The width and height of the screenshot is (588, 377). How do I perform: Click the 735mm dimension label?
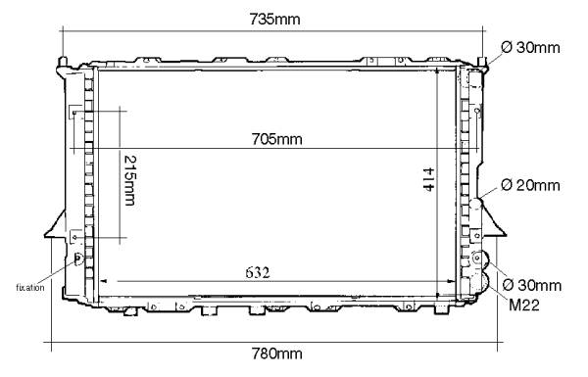pyautogui.click(x=274, y=20)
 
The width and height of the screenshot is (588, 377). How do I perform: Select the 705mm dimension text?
pyautogui.click(x=276, y=139)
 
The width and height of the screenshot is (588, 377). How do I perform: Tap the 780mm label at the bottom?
pyautogui.click(x=276, y=353)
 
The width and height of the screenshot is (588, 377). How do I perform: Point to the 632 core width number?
pyautogui.click(x=258, y=272)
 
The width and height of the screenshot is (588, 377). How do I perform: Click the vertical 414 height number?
pyautogui.click(x=428, y=179)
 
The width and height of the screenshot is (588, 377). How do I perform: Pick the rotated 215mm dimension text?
pyautogui.click(x=129, y=180)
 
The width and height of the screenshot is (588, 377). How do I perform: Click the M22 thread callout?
pyautogui.click(x=524, y=306)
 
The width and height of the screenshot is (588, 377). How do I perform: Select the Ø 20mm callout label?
pyautogui.click(x=530, y=185)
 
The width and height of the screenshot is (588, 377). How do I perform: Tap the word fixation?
pyautogui.click(x=30, y=288)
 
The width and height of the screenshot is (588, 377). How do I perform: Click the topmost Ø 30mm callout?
pyautogui.click(x=530, y=48)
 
